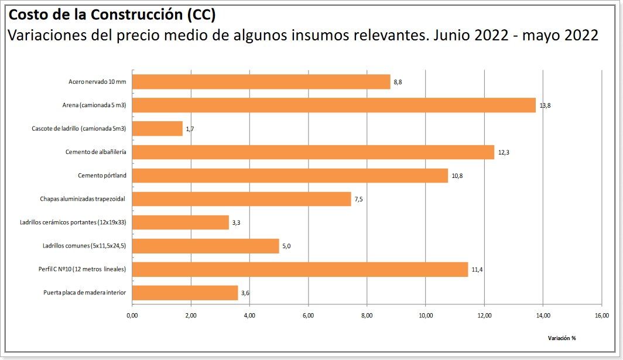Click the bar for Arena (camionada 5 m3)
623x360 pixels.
(x=334, y=105)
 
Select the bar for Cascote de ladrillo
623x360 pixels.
(x=158, y=129)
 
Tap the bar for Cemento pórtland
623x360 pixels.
(x=290, y=176)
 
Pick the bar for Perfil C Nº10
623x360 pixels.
(x=300, y=269)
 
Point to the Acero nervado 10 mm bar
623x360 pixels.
(x=261, y=82)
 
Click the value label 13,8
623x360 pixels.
(x=545, y=105)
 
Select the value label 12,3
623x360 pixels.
(x=504, y=152)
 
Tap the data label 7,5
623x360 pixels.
(x=358, y=199)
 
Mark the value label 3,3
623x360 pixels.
(x=237, y=222)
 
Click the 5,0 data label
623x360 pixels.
(x=286, y=246)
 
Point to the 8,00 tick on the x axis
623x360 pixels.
(x=367, y=316)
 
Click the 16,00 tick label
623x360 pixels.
(x=601, y=316)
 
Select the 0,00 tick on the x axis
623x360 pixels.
(x=132, y=316)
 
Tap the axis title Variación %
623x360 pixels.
(x=562, y=338)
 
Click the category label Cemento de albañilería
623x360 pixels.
(x=96, y=152)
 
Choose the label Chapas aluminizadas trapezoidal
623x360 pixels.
(x=83, y=199)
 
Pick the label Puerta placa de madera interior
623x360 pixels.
(x=84, y=293)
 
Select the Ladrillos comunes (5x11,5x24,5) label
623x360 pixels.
(x=84, y=246)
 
